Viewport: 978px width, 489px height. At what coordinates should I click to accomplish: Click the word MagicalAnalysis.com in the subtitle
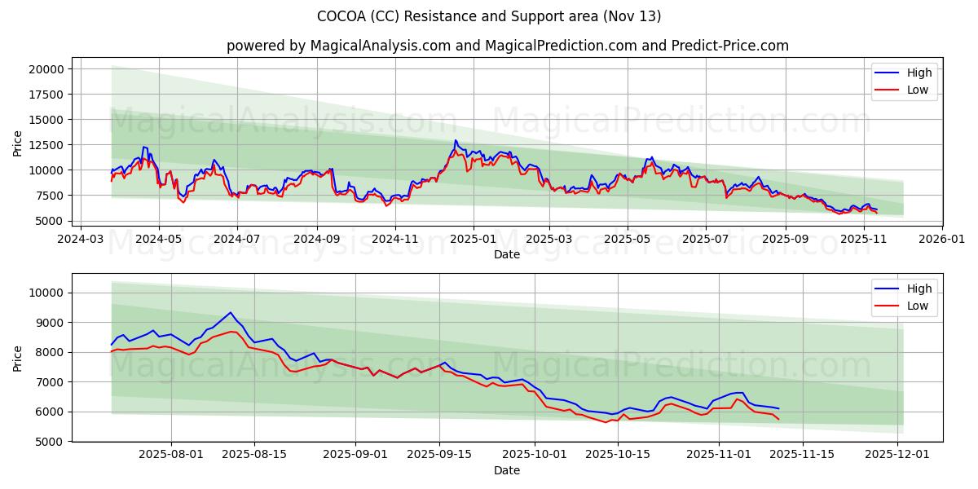tap(380, 46)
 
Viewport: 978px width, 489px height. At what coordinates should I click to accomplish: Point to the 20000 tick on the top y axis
tap(46, 69)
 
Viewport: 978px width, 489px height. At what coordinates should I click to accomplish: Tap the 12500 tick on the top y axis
tap(46, 145)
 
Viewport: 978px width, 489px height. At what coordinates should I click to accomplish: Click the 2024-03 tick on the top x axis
tap(80, 240)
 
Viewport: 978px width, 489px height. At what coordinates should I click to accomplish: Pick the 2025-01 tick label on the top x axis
tap(473, 240)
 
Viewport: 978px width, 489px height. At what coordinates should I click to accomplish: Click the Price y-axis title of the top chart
tap(18, 143)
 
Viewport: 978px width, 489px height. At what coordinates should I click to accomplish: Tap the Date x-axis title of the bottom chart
tap(507, 471)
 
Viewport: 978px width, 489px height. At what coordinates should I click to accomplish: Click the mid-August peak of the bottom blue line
tap(231, 312)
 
